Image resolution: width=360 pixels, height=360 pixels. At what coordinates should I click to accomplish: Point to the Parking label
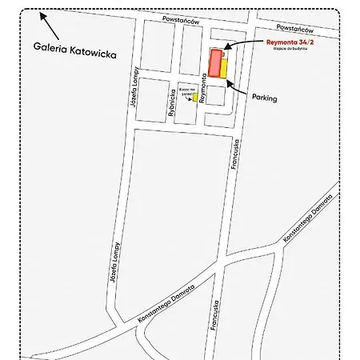pyautogui.click(x=265, y=98)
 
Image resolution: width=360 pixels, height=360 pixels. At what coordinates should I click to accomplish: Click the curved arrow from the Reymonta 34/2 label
pyautogui.click(x=244, y=42)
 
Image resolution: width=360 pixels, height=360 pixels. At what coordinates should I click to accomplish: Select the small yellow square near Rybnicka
pyautogui.click(x=195, y=97)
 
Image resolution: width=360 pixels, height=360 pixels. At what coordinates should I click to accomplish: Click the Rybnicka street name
pyautogui.click(x=172, y=103)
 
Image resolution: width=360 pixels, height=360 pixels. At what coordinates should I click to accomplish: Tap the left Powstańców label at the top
pyautogui.click(x=178, y=17)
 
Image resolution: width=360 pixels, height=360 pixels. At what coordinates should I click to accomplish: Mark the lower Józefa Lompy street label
pyautogui.click(x=114, y=265)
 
